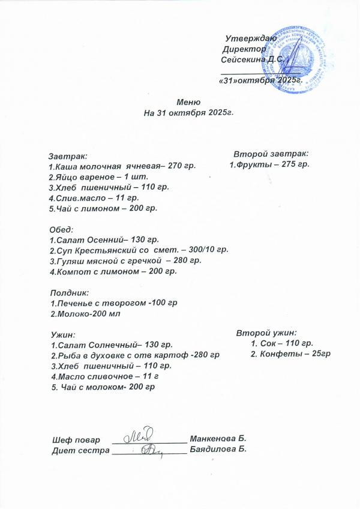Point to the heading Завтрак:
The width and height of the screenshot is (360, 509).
[68, 155]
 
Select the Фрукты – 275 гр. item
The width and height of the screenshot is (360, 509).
[269, 164]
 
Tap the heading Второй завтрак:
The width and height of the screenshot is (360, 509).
[271, 153]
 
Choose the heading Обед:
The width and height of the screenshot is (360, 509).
[61, 229]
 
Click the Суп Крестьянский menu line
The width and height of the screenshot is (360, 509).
[139, 250]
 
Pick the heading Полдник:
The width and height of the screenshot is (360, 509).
[68, 293]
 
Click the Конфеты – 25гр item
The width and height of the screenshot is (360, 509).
[290, 354]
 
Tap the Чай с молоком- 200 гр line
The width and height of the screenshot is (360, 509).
[103, 387]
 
